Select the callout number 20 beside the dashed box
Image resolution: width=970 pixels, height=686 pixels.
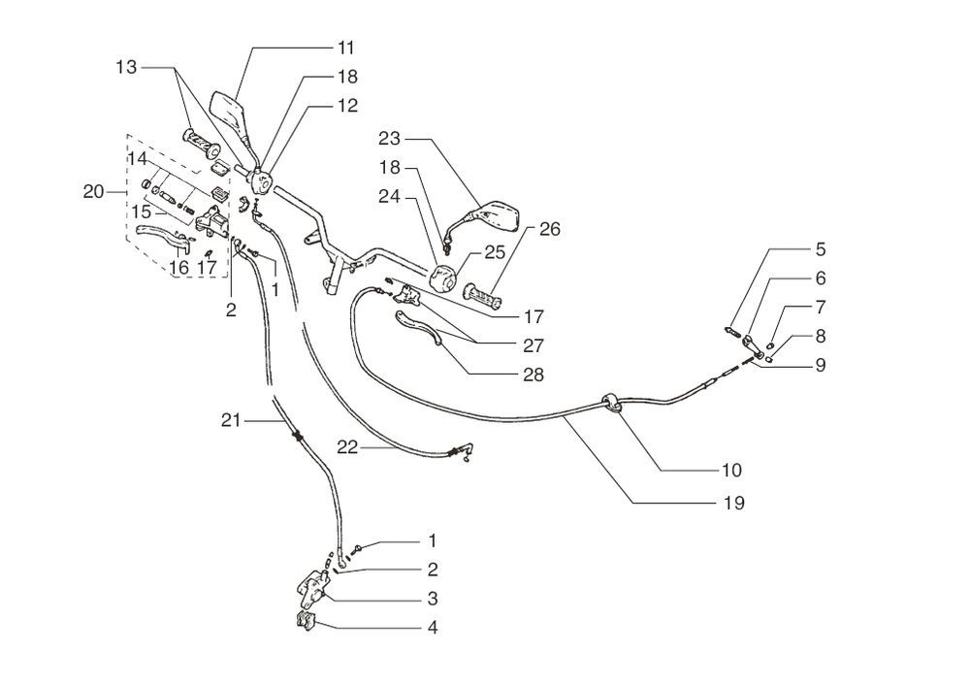click(x=94, y=192)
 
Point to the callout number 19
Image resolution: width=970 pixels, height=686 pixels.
click(x=734, y=503)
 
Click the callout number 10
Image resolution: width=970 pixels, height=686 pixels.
click(x=731, y=470)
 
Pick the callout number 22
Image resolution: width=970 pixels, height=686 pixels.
click(x=349, y=446)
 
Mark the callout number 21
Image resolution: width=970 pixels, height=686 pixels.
click(x=231, y=419)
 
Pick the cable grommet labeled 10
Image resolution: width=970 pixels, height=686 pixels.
click(x=612, y=404)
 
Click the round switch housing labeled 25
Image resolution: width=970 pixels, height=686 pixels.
click(x=444, y=278)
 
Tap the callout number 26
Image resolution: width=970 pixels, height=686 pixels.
click(x=549, y=230)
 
